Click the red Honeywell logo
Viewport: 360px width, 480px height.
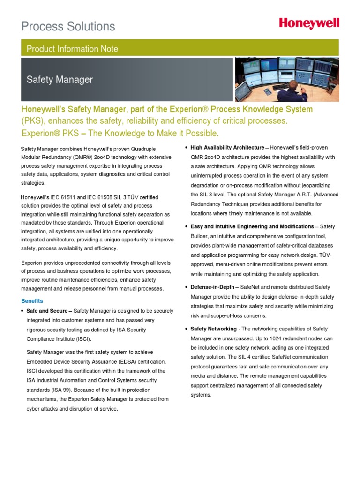tap(309, 23)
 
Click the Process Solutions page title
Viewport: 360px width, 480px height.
tap(68, 26)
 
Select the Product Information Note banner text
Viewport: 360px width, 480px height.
tap(72, 49)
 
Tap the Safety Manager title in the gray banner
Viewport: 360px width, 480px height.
tap(60, 80)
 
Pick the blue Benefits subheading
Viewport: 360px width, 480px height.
tap(32, 300)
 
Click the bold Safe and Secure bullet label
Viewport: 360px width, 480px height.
tap(47, 311)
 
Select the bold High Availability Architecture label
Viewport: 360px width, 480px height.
tap(227, 148)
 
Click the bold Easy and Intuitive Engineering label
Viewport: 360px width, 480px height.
tap(252, 226)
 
